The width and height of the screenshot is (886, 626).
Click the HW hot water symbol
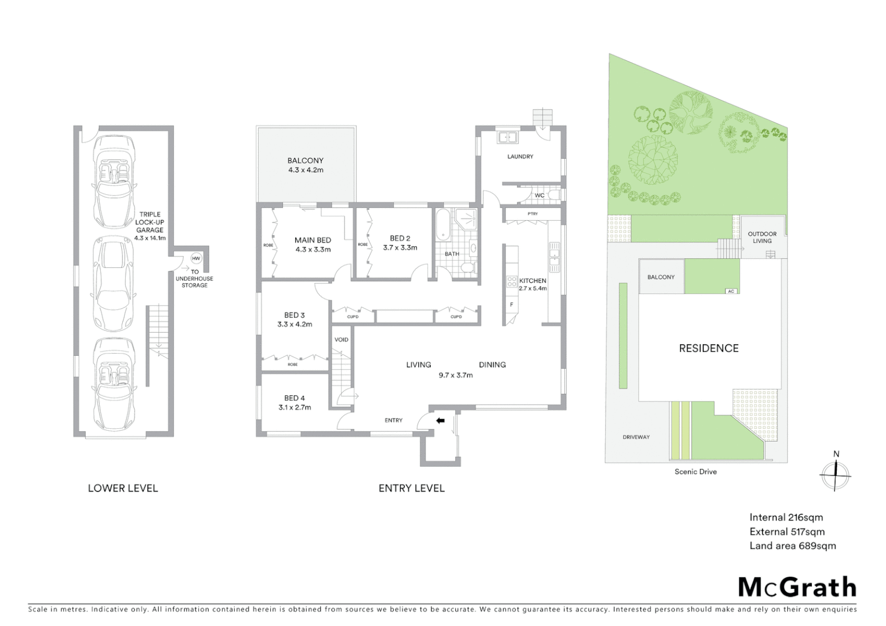[x=196, y=259]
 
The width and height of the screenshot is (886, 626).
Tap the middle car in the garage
[x=114, y=283]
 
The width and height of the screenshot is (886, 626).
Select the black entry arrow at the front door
[x=440, y=421]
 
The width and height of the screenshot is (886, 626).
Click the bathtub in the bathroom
[x=443, y=226]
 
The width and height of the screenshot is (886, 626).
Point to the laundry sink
[x=508, y=137]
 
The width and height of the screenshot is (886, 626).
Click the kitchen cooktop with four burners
[x=511, y=282]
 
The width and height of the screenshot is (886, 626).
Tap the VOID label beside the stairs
[x=342, y=340]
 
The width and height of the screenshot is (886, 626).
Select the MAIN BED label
[x=313, y=240]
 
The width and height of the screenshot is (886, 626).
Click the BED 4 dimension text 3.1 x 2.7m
[x=295, y=407]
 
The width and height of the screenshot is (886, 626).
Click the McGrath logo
[x=797, y=587]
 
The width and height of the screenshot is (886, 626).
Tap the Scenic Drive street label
[x=695, y=472]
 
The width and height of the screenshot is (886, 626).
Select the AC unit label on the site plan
[x=731, y=291]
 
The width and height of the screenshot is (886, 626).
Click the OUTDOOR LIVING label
[x=762, y=238]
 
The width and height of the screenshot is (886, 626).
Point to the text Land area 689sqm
[x=793, y=545]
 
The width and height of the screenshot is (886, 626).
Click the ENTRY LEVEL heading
[x=411, y=488]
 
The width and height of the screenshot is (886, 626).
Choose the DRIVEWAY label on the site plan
[x=636, y=437]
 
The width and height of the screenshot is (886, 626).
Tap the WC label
[x=539, y=195]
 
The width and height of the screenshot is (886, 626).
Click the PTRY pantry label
[x=532, y=214]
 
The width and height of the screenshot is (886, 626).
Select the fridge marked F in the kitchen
[x=511, y=305]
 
